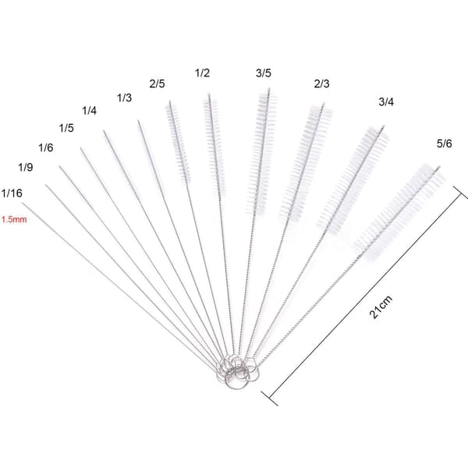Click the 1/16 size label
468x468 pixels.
tap(12, 193)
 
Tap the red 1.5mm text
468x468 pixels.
tap(14, 220)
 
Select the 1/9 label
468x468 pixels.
tap(26, 167)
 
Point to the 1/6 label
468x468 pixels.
tap(46, 147)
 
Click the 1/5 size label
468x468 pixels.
tap(66, 128)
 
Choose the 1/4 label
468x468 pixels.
tap(89, 111)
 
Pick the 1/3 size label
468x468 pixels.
tap(124, 97)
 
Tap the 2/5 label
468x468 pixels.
tap(157, 84)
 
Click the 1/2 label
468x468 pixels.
tap(202, 73)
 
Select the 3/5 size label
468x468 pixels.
tap(264, 73)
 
